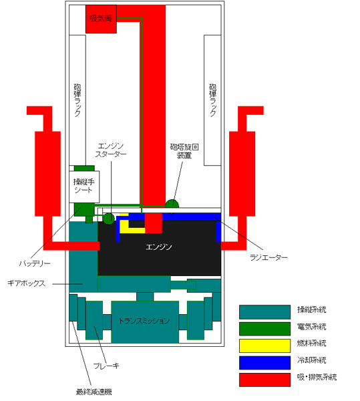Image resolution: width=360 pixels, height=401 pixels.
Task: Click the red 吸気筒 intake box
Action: click(x=101, y=19)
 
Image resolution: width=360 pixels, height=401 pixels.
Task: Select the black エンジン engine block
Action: click(x=159, y=253)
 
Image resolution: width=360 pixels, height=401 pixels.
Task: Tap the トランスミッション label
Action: click(x=144, y=321)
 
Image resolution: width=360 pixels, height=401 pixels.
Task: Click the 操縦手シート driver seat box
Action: click(x=84, y=186)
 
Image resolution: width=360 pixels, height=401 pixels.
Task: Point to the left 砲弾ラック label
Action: click(x=77, y=100)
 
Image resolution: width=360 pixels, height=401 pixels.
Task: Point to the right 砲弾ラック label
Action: click(x=212, y=100)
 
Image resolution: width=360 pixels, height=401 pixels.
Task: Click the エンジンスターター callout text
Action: click(x=111, y=150)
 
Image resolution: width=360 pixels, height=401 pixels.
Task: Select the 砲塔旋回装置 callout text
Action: click(x=184, y=151)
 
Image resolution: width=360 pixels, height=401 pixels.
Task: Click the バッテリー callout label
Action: click(x=35, y=263)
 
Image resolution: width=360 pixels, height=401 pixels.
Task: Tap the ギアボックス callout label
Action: click(x=26, y=283)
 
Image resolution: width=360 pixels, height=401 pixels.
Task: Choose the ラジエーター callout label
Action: click(x=268, y=257)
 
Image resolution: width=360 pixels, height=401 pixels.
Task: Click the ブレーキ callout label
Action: click(x=106, y=366)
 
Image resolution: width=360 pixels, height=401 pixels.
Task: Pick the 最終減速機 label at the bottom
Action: click(x=94, y=392)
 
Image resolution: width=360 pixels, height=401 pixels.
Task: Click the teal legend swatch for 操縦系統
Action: click(x=264, y=312)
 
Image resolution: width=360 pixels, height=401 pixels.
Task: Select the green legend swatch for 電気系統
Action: click(x=264, y=329)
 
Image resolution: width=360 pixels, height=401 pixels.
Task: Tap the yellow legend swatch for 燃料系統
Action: click(x=264, y=346)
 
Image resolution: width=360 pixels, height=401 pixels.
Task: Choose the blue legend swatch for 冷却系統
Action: click(x=264, y=363)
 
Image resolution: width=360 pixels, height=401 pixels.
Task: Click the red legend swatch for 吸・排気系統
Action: click(x=264, y=380)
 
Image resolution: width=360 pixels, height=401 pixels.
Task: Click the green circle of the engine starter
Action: click(x=109, y=219)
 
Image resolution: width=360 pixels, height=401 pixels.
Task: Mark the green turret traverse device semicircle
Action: click(x=172, y=204)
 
